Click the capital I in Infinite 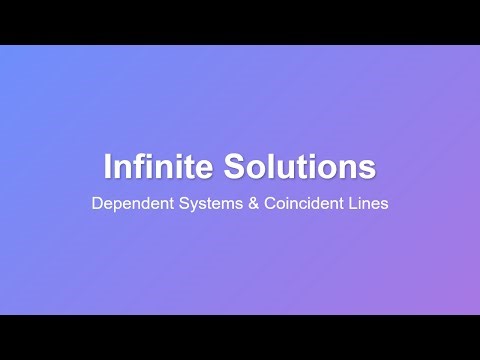(x=108, y=164)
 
